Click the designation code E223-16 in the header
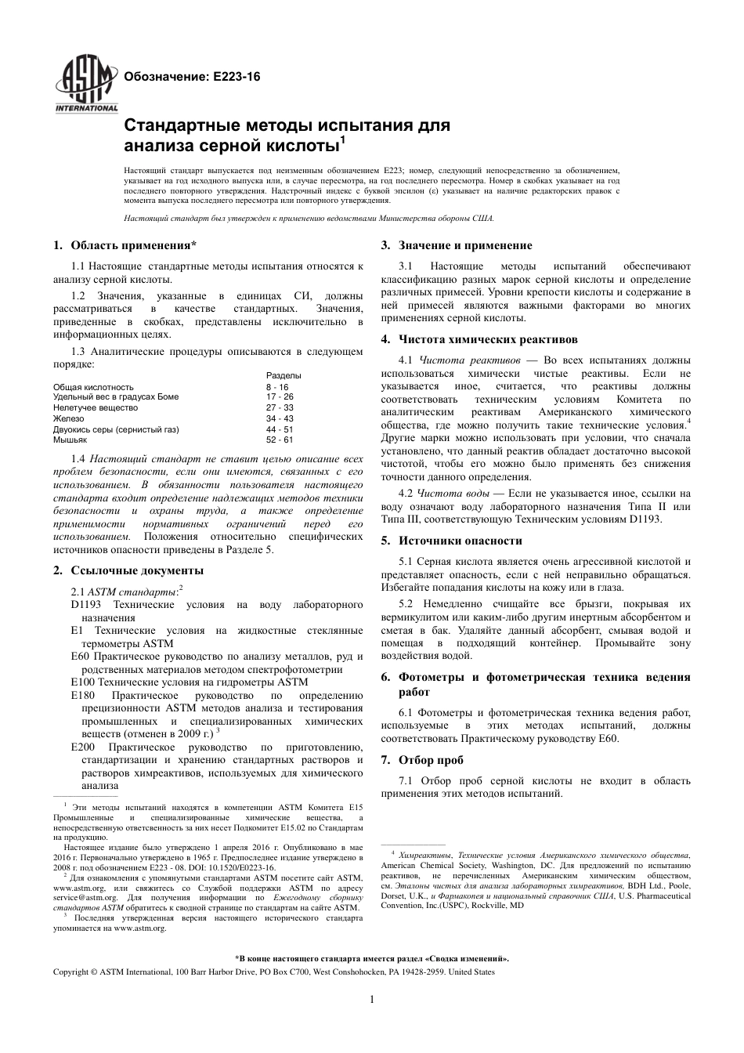[x=233, y=77]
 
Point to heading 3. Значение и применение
[x=456, y=245]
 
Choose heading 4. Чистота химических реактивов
[x=478, y=339]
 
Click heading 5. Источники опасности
[x=451, y=541]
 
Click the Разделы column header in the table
[x=284, y=375]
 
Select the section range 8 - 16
[x=277, y=387]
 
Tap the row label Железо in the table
[x=70, y=418]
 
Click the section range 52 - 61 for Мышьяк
[x=280, y=440]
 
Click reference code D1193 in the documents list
[x=86, y=605]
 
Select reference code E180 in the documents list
[x=82, y=695]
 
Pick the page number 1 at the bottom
[x=371, y=999]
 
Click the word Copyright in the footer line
[x=70, y=972]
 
